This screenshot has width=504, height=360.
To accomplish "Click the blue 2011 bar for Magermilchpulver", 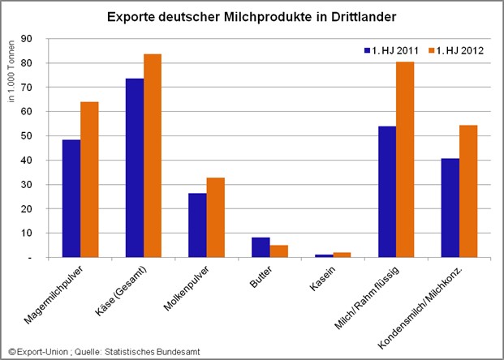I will [x=71, y=199].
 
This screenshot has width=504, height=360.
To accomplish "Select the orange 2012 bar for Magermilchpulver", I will [x=89, y=180].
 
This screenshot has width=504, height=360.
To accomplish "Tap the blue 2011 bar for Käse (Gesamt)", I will [x=134, y=168].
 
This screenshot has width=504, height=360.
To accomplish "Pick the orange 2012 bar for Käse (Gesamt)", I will [x=152, y=156].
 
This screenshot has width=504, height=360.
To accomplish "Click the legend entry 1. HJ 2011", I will [x=392, y=51].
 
